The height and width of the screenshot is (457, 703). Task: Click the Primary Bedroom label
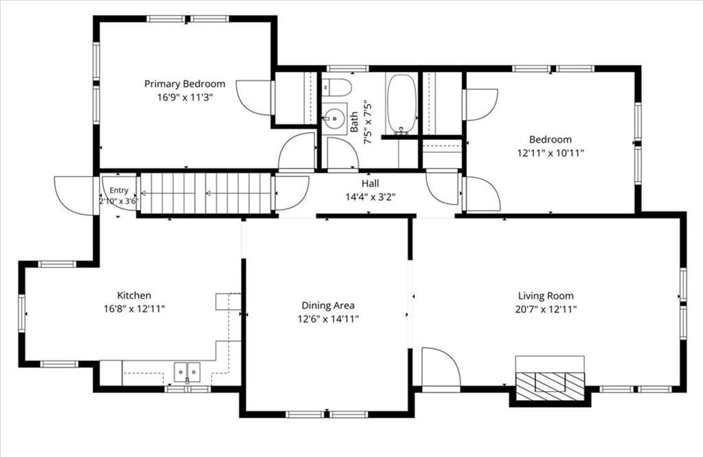[185, 84]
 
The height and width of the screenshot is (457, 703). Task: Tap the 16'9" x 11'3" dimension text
[185, 97]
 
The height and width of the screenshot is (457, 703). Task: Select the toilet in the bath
[336, 87]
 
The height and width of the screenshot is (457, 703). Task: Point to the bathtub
[402, 104]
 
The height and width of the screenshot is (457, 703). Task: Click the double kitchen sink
[187, 372]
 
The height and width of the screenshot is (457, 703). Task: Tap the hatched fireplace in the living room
[550, 386]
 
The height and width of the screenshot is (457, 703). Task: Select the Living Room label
[546, 296]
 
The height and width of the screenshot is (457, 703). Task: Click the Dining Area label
[327, 305]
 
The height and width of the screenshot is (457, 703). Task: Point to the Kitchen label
[134, 295]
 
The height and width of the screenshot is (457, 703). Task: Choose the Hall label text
[370, 183]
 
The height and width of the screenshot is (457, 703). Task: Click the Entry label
[119, 191]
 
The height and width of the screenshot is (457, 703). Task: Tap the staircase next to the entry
[207, 194]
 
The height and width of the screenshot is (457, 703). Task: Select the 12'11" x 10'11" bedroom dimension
[551, 153]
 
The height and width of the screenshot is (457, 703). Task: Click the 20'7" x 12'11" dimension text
[546, 309]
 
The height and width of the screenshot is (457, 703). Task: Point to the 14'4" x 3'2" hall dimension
[370, 197]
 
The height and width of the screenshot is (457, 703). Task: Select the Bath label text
[354, 122]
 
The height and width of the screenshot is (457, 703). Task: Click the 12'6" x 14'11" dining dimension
[327, 319]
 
